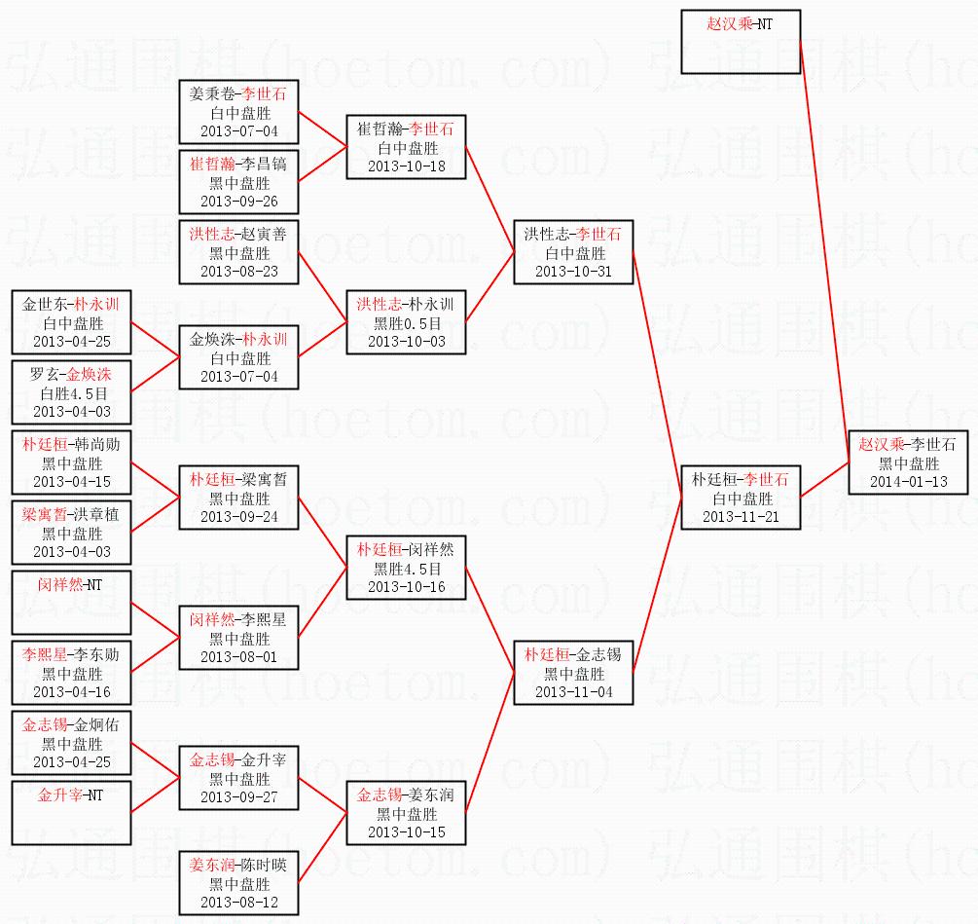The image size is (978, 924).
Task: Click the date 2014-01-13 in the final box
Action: click(x=908, y=481)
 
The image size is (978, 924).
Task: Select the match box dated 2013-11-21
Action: click(x=741, y=498)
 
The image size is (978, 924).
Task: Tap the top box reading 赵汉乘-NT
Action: click(x=741, y=42)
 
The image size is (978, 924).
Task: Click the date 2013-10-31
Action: click(x=573, y=272)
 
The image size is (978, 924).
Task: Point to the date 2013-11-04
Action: click(x=573, y=691)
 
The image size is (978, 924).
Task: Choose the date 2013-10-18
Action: click(x=406, y=166)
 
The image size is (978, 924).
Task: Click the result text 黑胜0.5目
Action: click(x=406, y=323)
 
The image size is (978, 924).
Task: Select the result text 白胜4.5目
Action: click(x=71, y=393)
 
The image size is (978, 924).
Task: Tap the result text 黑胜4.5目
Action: click(x=406, y=569)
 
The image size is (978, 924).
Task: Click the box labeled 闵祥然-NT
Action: click(x=71, y=603)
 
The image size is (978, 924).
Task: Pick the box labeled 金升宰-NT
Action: click(x=71, y=813)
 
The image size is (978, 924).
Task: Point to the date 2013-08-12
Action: click(x=238, y=903)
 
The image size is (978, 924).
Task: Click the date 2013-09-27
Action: click(x=238, y=797)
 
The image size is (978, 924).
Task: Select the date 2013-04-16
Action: click(x=71, y=692)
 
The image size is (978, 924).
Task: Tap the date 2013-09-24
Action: click(x=238, y=517)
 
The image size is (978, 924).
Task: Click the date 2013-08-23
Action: click(x=238, y=272)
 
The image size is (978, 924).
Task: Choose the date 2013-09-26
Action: click(x=238, y=202)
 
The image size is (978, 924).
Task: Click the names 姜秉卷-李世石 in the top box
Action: click(x=238, y=95)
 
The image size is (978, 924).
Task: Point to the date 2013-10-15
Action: click(x=406, y=832)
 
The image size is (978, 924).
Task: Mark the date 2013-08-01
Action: click(x=238, y=657)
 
